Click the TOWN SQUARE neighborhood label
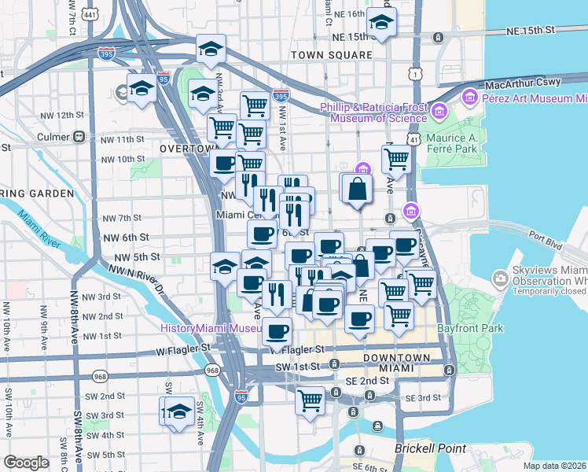[331, 55]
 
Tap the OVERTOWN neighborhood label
[188, 148]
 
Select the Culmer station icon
[79, 136]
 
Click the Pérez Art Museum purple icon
[470, 98]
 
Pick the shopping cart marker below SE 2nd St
[310, 400]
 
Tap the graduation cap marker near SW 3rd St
[179, 411]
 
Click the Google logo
[27, 463]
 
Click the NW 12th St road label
[62, 116]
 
